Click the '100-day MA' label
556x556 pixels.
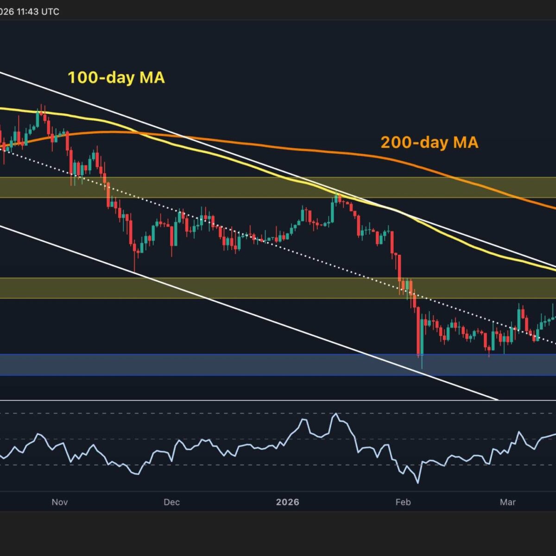[116, 77]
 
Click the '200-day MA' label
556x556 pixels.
[429, 142]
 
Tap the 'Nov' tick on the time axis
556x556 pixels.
[60, 502]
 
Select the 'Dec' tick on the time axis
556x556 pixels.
[171, 502]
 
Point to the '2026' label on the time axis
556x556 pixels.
[287, 502]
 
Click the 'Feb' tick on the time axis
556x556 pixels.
[403, 502]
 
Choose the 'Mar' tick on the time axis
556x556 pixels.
[508, 502]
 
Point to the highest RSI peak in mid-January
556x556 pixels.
[335, 413]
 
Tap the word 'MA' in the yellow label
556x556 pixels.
[153, 77]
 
